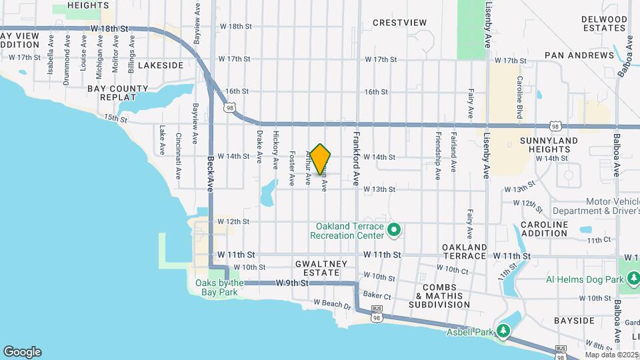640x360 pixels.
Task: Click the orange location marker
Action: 321,159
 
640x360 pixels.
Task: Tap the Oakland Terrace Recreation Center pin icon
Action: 393,231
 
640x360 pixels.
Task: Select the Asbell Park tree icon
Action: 505,331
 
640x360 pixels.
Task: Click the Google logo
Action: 22,352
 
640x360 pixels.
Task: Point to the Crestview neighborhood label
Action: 399,23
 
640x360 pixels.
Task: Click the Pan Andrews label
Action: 579,55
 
